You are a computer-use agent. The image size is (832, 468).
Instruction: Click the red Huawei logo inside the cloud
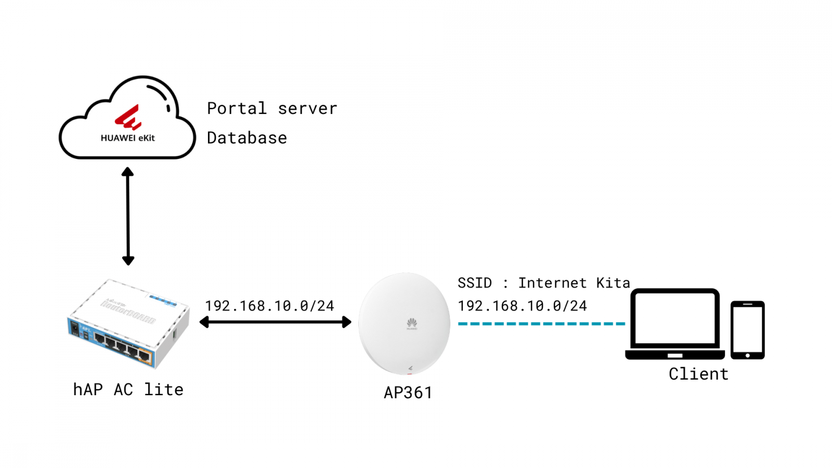(128, 118)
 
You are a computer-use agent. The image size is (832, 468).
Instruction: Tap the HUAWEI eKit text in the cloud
(128, 138)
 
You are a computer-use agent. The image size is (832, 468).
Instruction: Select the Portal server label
(272, 108)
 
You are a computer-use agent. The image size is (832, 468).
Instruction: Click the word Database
(247, 138)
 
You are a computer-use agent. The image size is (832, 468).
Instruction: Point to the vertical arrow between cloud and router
(128, 216)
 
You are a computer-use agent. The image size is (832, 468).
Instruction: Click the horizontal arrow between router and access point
(276, 322)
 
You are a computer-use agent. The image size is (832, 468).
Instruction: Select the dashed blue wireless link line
(541, 323)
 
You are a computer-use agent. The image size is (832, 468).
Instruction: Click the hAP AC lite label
(128, 389)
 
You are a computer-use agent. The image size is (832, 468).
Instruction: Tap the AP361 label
(408, 393)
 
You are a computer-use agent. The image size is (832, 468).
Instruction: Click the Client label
(698, 374)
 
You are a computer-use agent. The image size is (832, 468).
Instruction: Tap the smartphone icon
(747, 330)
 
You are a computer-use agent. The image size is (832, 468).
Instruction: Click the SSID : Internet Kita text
(543, 283)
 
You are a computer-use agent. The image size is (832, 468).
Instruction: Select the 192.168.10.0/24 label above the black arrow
(269, 306)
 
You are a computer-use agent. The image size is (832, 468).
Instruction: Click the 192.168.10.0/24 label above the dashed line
(522, 306)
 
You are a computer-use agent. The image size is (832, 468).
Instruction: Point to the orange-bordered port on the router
(145, 356)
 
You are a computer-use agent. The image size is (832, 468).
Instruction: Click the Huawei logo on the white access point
(412, 323)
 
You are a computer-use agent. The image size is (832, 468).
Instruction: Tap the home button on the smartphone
(747, 356)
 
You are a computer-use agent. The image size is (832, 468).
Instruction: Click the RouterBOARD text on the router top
(128, 312)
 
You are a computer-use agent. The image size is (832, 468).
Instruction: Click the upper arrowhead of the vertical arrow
(128, 172)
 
